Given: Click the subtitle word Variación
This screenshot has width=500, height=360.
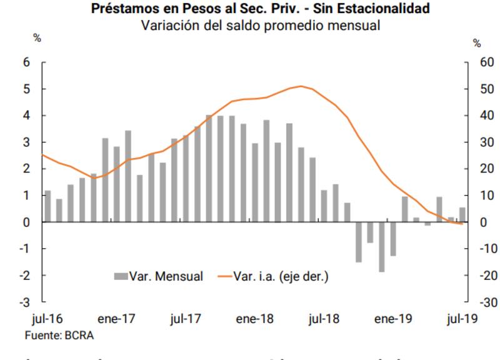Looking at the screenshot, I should pyautogui.click(x=169, y=26).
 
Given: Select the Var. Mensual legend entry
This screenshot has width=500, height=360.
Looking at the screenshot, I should pyautogui.click(x=158, y=276).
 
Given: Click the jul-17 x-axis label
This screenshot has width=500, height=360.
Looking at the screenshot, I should pyautogui.click(x=186, y=319).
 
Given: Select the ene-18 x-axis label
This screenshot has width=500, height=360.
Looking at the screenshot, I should pyautogui.click(x=255, y=319).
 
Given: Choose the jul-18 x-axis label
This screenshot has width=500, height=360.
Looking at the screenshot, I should pyautogui.click(x=324, y=319).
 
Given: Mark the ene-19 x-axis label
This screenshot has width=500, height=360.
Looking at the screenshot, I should pyautogui.click(x=392, y=319).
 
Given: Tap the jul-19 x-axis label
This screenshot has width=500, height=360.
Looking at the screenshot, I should pyautogui.click(x=461, y=319).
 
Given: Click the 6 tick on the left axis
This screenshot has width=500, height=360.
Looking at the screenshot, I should pyautogui.click(x=26, y=62).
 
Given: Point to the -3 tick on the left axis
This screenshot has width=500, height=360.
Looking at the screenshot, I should pyautogui.click(x=25, y=302).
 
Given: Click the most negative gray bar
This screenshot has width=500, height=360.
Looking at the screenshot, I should pyautogui.click(x=381, y=247).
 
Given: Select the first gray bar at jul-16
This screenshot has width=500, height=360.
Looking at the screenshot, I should pyautogui.click(x=47, y=206).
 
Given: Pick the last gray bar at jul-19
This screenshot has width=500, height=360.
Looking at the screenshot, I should pyautogui.click(x=462, y=215).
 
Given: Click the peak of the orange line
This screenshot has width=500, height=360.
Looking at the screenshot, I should pyautogui.click(x=301, y=86).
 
